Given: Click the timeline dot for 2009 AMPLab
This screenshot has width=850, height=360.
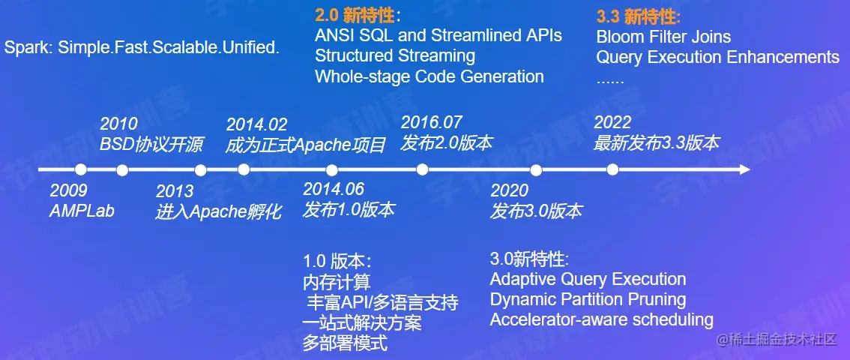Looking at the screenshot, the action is (x=81, y=170).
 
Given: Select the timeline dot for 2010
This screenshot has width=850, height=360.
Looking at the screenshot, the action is (x=122, y=170).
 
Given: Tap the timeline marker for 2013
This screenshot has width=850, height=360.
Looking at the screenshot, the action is (x=201, y=170).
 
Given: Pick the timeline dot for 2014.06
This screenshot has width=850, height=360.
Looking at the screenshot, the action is (x=332, y=170).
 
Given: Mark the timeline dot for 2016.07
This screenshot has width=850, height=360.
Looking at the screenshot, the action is (x=422, y=170).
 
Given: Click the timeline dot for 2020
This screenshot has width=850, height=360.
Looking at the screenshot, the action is (x=536, y=170).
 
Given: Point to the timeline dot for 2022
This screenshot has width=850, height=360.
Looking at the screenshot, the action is (x=612, y=170).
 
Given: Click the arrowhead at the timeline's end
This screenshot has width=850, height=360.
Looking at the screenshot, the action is (x=744, y=170).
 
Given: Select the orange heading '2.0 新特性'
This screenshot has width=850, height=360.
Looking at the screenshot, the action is (x=355, y=16).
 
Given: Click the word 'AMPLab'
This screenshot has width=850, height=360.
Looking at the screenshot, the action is (x=82, y=210).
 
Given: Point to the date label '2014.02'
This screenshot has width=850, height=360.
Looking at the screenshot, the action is (x=256, y=124).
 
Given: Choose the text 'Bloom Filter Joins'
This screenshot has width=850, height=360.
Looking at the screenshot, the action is (x=663, y=37).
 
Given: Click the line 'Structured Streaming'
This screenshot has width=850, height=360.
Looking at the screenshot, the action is (x=395, y=55).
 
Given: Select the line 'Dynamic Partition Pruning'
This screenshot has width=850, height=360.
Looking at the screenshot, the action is (x=588, y=299).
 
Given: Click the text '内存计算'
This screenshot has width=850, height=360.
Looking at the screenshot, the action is (x=337, y=282).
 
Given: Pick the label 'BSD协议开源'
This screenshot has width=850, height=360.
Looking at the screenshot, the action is (x=151, y=145).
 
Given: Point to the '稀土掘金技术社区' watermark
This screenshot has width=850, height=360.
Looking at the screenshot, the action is (x=777, y=340).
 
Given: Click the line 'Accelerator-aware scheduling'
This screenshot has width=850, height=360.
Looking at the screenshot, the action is (x=602, y=319).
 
